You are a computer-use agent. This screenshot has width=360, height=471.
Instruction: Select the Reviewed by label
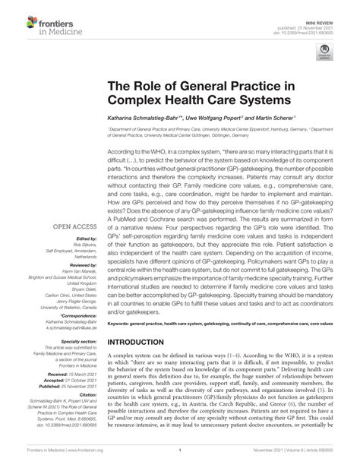tap(82, 264)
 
